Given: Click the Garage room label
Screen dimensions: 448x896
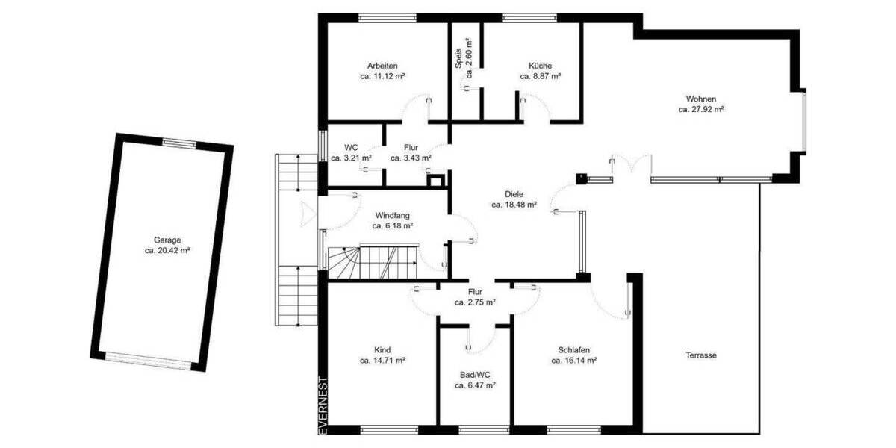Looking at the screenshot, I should tap(167, 240).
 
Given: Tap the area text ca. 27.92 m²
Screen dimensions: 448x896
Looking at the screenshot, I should tap(701, 109).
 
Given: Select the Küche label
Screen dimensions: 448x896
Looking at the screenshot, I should tap(540, 65).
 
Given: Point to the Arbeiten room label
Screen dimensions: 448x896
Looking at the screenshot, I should tap(382, 65).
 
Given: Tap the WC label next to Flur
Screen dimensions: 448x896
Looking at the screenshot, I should tap(350, 147).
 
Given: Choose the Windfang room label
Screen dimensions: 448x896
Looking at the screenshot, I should tap(393, 214).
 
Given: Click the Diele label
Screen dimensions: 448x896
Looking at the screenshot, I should tap(514, 193).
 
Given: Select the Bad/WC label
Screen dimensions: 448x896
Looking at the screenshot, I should tap(475, 376).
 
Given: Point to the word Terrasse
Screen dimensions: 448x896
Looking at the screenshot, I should tap(701, 355).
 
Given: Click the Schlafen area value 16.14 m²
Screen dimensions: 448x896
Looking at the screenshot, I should tap(573, 360).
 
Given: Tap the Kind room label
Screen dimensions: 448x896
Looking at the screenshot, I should tap(382, 349).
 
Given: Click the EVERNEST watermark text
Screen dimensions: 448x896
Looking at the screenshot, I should tap(323, 404).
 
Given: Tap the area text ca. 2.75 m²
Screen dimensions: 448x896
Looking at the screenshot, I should tap(475, 302).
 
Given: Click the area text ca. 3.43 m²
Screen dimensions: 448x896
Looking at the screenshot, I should tap(411, 158).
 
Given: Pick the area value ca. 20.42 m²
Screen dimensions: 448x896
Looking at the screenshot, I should tap(167, 251).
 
